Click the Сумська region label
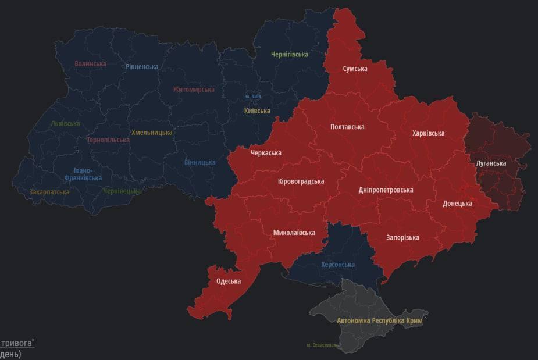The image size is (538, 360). tap(355, 69)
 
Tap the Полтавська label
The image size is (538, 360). tap(347, 127)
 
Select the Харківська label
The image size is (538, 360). tap(428, 133)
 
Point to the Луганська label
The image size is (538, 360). tap(491, 163)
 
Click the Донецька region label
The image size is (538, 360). tap(457, 204)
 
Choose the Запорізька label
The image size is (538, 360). tap(402, 237)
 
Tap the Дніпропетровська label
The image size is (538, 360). tap(386, 190)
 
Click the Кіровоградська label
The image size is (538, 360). tap(301, 181)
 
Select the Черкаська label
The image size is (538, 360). tap(266, 153)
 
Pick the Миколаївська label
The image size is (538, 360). tap(294, 233)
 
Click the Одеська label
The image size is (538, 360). tap(229, 281)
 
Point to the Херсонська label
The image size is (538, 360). tap(338, 265)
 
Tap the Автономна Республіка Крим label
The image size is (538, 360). tap(382, 320)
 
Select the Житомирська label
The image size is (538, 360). tap(194, 90)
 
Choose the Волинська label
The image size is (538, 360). tap(91, 64)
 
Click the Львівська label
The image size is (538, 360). tap(66, 124)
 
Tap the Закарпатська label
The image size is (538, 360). tap(49, 192)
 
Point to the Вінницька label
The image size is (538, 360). tap(199, 162)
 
